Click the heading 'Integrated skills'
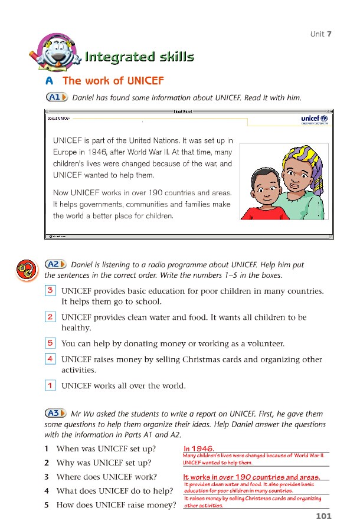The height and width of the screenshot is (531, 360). click(139, 57)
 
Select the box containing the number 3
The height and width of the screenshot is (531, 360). click(51, 290)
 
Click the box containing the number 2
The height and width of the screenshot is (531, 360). click(51, 317)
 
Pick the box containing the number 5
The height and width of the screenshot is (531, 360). click(51, 343)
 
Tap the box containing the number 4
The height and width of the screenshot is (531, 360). click(51, 358)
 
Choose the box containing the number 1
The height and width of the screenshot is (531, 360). click(51, 385)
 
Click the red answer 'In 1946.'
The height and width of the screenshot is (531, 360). click(198, 448)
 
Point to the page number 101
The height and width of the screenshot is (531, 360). click(323, 516)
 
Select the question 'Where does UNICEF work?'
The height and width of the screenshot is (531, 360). click(106, 477)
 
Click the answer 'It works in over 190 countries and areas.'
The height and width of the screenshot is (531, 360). click(252, 477)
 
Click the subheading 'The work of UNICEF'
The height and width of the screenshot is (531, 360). click(113, 81)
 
